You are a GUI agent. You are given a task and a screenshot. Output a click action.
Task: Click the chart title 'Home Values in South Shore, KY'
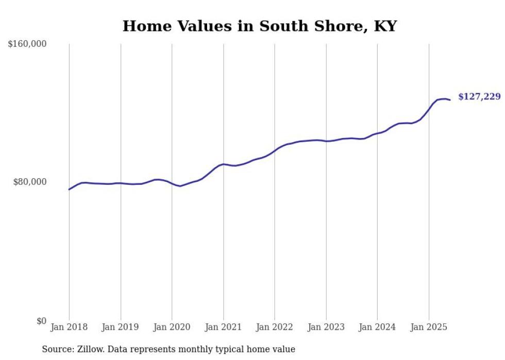click(x=260, y=26)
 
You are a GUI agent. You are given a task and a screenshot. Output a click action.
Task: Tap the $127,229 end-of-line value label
click(x=479, y=97)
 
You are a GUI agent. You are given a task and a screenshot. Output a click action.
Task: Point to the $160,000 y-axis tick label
click(x=27, y=44)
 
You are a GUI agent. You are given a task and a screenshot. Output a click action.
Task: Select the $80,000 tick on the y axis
click(x=29, y=182)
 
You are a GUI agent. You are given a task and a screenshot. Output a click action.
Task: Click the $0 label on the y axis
click(x=41, y=321)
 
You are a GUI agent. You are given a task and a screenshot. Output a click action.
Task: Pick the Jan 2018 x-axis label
click(x=69, y=327)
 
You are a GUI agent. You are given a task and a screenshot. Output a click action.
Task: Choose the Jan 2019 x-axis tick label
click(x=121, y=327)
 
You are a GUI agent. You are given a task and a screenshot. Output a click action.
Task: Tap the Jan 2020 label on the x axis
click(x=172, y=327)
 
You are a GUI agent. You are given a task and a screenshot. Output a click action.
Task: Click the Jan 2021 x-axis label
click(x=223, y=327)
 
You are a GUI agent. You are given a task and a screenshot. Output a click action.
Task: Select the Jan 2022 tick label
click(x=275, y=327)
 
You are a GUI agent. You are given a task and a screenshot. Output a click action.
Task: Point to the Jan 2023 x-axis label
click(x=326, y=327)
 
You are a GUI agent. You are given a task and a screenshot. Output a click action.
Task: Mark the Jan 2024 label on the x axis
click(x=377, y=327)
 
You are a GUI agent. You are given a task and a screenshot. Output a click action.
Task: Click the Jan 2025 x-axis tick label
click(x=429, y=327)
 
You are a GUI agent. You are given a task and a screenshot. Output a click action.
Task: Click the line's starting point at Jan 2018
click(x=69, y=190)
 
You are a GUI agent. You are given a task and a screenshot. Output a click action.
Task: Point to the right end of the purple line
click(x=450, y=100)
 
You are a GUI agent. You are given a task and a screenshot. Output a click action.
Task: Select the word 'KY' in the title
click(x=384, y=26)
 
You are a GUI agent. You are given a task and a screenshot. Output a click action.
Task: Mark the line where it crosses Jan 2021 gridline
click(x=223, y=164)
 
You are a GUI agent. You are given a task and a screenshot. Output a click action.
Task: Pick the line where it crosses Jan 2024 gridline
click(x=377, y=133)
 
